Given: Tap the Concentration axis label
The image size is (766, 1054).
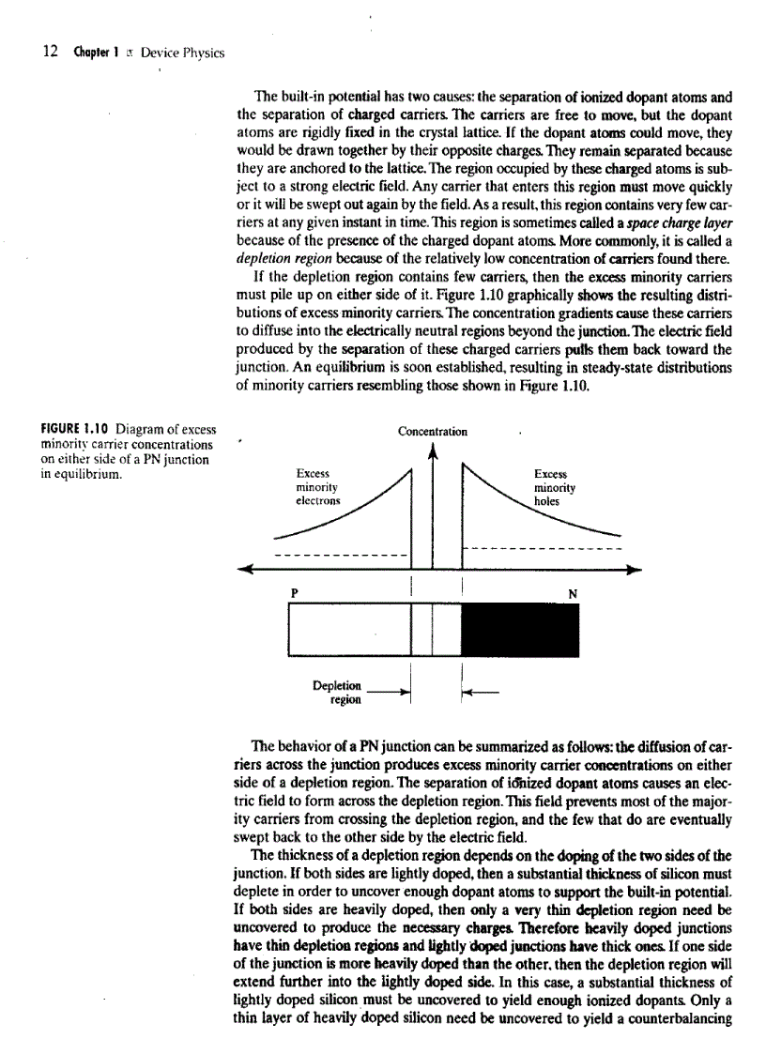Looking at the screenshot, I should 433,432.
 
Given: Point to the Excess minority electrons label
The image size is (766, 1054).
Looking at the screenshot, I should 317,488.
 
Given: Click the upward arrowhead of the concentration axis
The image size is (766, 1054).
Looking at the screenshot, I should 433,451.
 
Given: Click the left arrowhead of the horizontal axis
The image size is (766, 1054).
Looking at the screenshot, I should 247,569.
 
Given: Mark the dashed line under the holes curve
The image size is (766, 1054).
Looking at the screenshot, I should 544,548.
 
